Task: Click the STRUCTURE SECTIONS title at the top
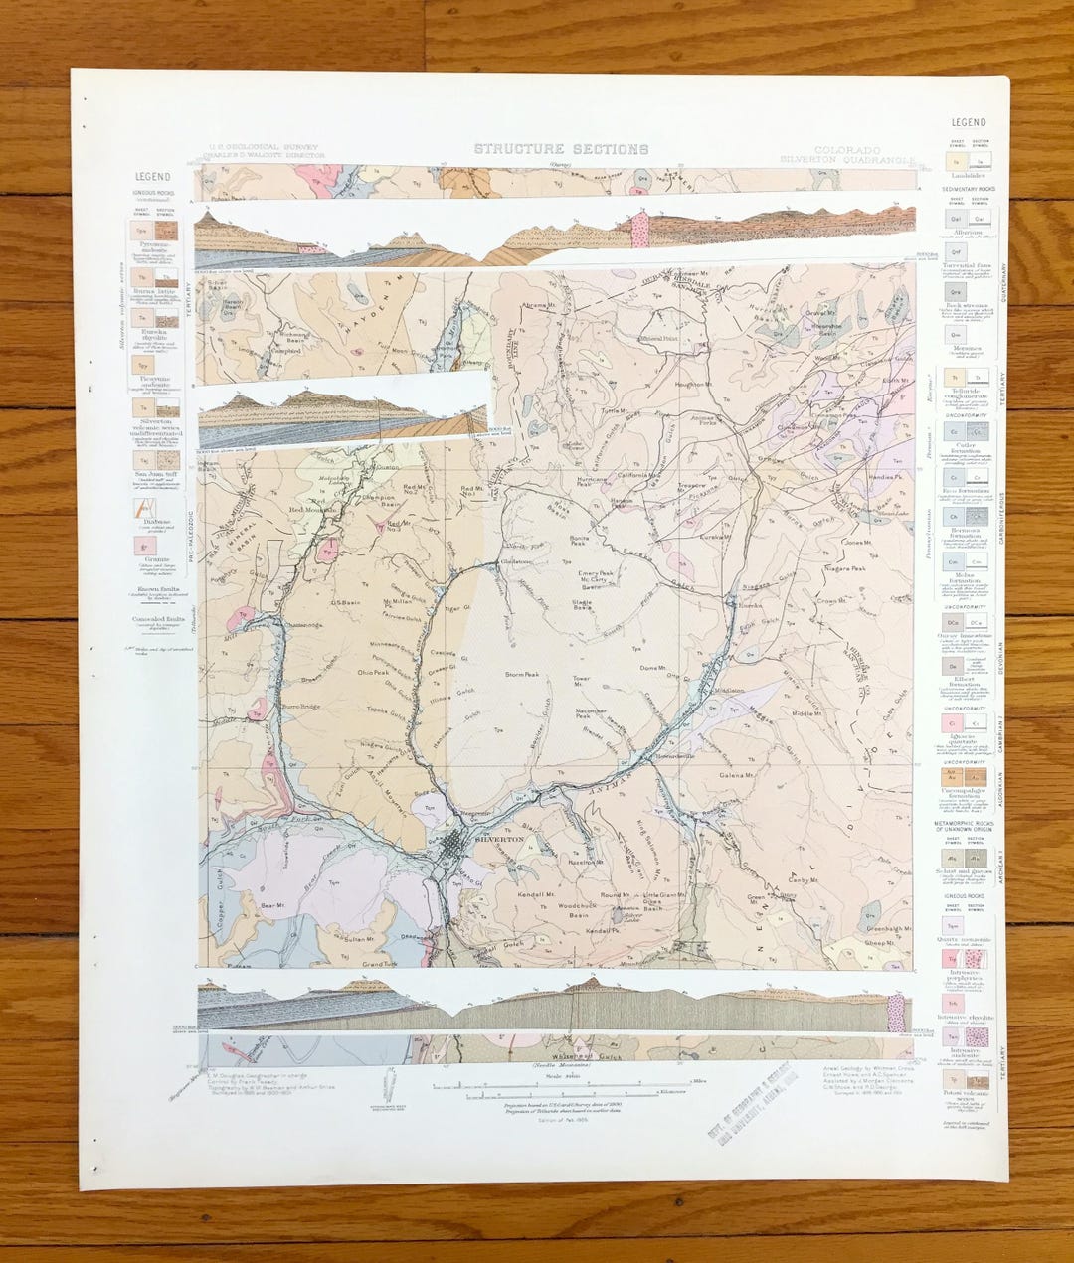[561, 149]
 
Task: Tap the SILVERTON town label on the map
[500, 840]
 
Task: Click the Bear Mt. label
[272, 905]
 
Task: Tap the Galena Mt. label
[738, 775]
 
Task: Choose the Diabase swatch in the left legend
[145, 508]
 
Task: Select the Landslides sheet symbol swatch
[956, 161]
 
